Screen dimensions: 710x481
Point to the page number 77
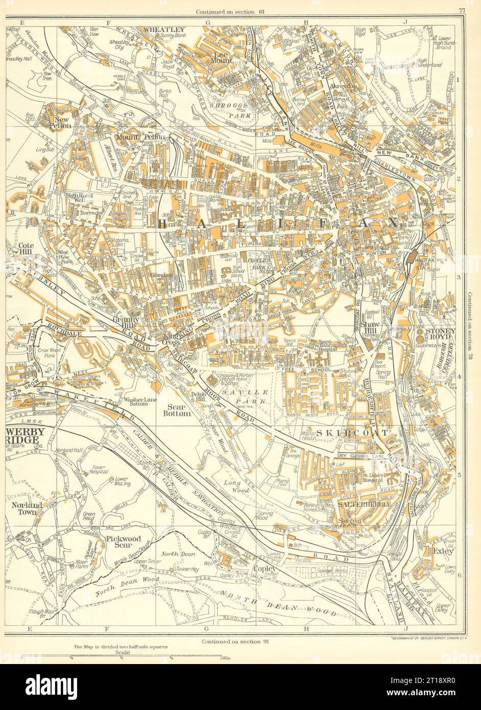461,10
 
